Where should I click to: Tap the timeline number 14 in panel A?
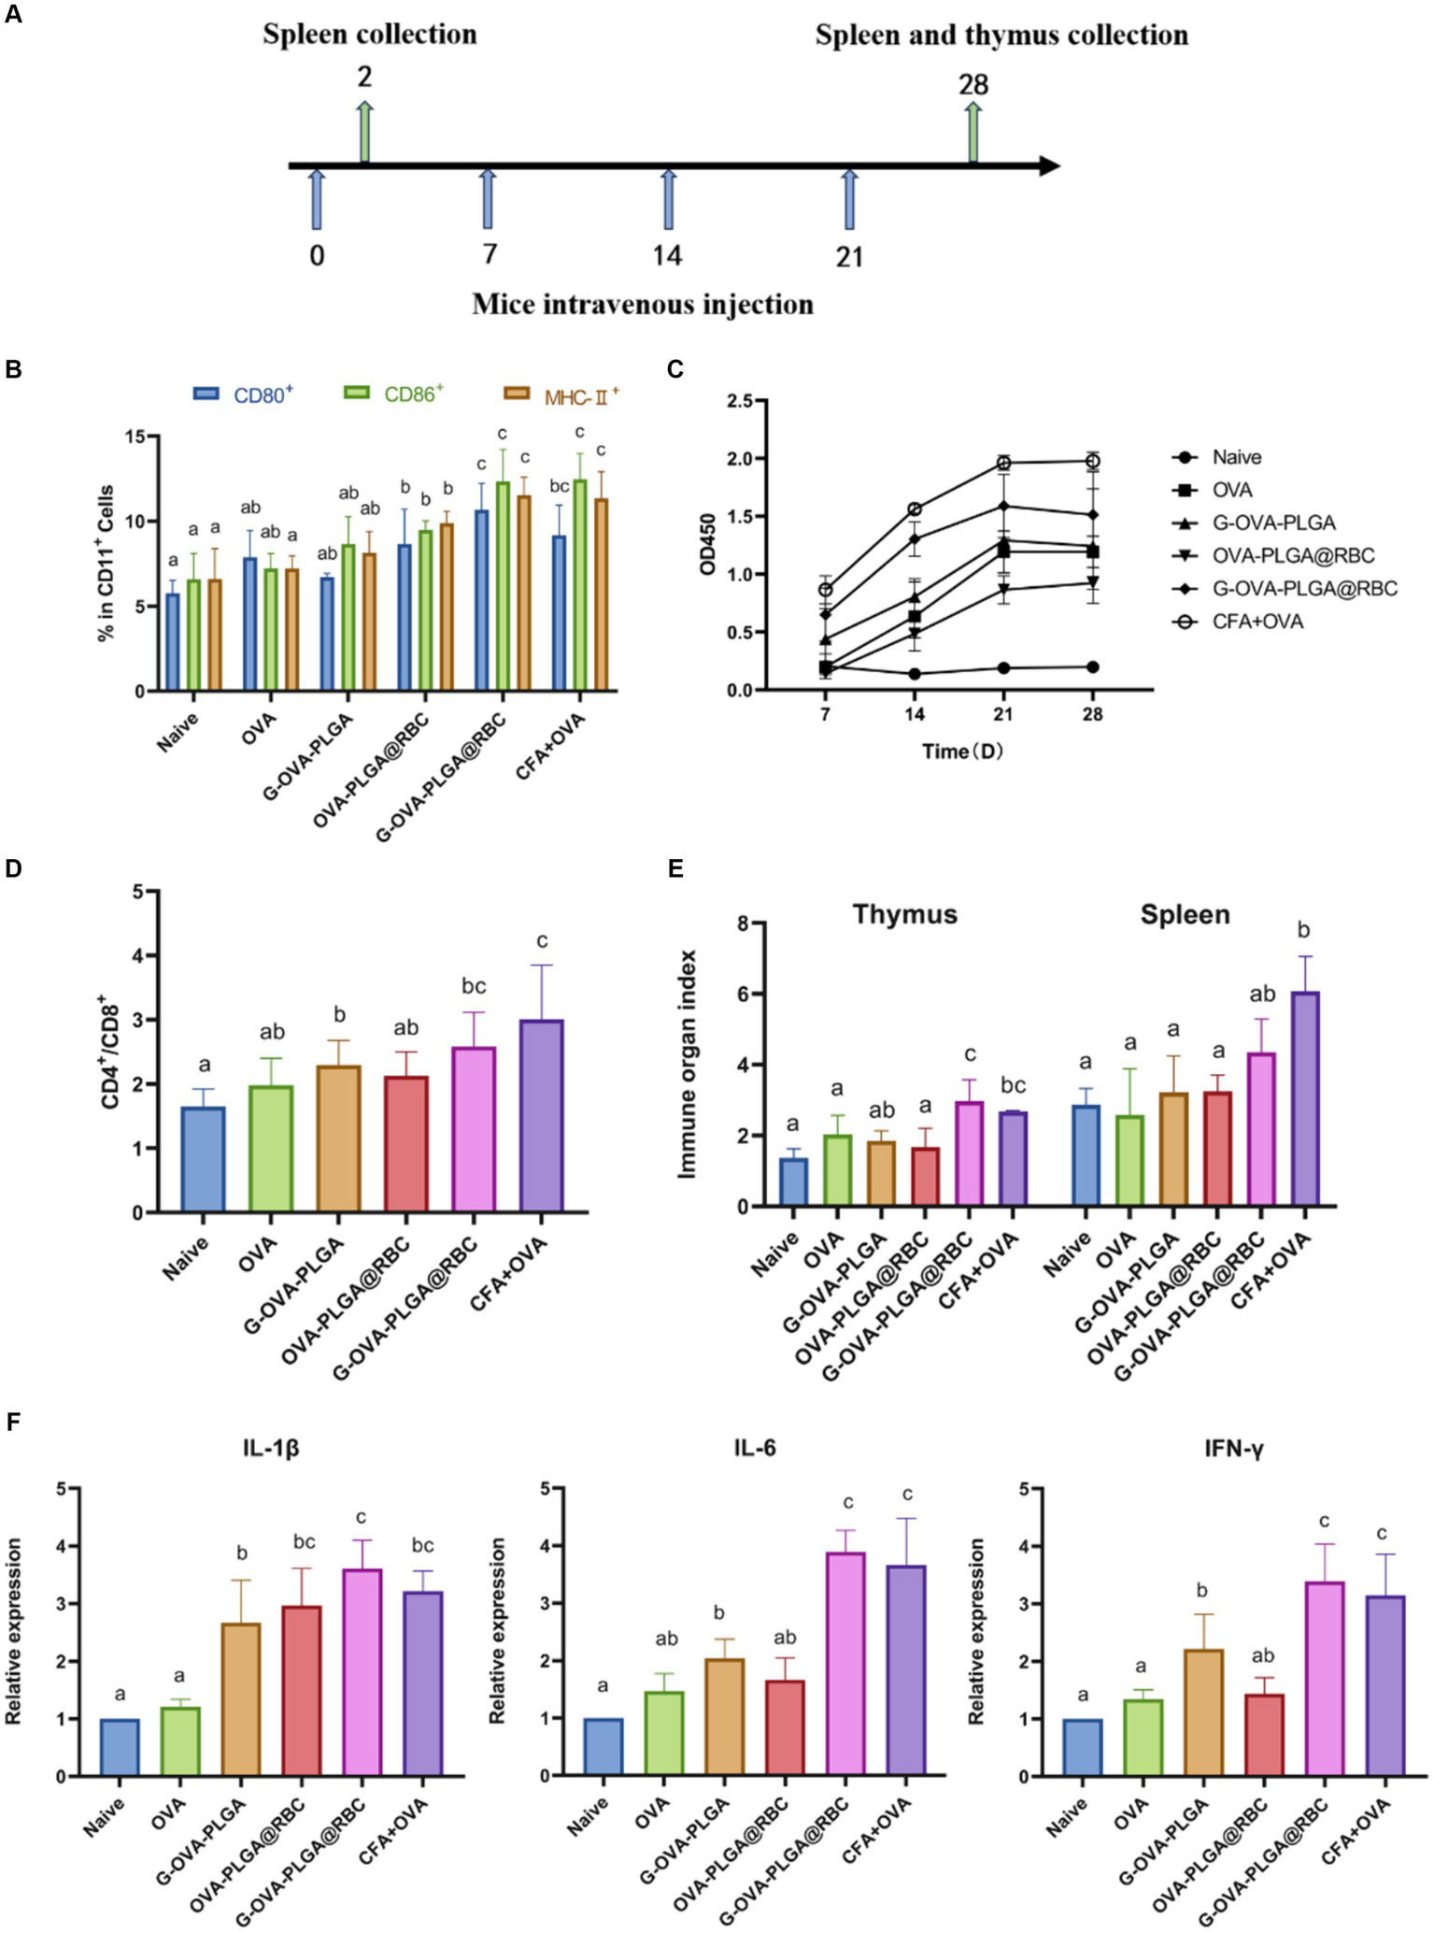pyautogui.click(x=667, y=255)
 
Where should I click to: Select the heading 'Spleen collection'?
pyautogui.click(x=369, y=36)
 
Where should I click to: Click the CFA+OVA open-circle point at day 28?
pyautogui.click(x=1092, y=461)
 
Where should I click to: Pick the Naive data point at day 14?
pyautogui.click(x=914, y=673)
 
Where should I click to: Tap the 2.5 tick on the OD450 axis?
pyautogui.click(x=742, y=401)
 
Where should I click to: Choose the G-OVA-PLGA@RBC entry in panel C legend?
pyautogui.click(x=1304, y=589)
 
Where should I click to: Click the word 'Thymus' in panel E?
pyautogui.click(x=904, y=914)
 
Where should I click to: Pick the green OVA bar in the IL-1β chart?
pyautogui.click(x=180, y=1740)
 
